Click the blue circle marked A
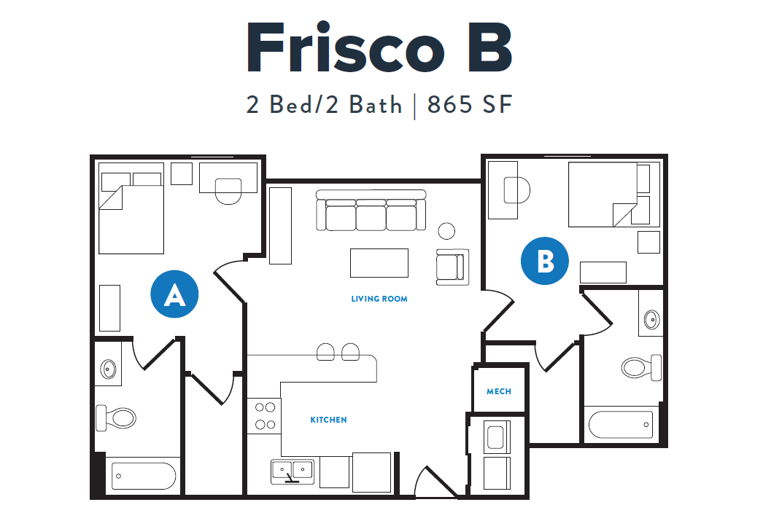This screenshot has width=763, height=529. click(174, 295)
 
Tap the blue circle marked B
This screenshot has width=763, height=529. click(545, 261)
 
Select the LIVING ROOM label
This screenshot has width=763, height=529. click(379, 299)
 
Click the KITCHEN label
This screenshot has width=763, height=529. click(328, 420)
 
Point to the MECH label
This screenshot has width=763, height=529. click(499, 391)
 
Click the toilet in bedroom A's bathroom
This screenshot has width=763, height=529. click(117, 418)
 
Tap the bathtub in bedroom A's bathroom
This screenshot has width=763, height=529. click(144, 478)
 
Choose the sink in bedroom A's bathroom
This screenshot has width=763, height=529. click(108, 369)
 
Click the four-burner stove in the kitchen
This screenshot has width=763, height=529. click(263, 416)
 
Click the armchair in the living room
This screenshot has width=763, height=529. click(449, 267)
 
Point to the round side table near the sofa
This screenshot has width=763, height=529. click(446, 231)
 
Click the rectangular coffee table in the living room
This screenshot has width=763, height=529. click(379, 262)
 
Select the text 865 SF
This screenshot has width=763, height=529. click(470, 105)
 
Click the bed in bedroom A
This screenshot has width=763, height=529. click(131, 216)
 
